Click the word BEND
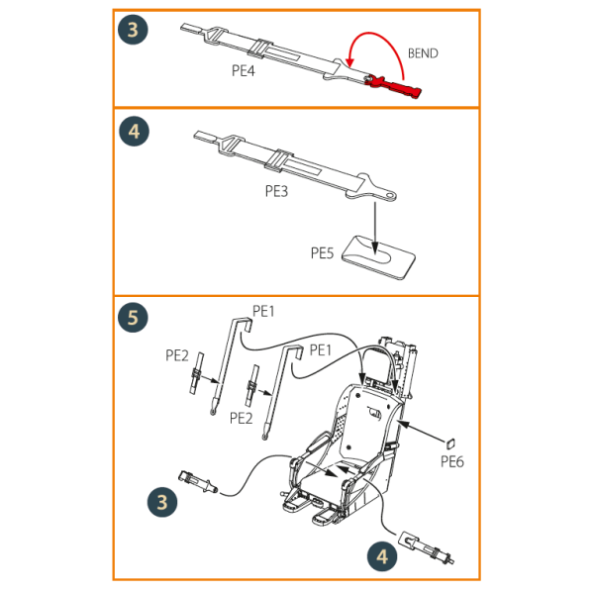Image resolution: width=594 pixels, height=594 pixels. pos(423,53)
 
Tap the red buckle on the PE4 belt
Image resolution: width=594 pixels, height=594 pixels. pos(394,86)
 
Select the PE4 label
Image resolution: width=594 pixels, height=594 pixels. pos(244,70)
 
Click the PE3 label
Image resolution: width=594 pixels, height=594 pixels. pos(276,191)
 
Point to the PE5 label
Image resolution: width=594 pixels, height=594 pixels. pos(322,252)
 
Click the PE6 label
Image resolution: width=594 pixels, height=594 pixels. pos(452,461)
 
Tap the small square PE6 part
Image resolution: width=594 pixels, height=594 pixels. pos(450,444)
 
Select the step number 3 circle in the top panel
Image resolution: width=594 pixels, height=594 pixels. pos(133,30)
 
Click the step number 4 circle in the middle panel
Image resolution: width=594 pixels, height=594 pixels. pos(134,132)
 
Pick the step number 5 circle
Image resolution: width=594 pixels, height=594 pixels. pos(133,318)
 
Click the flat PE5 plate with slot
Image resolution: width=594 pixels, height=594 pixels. pos(378,257)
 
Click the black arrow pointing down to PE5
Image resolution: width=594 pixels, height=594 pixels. pos(375,228)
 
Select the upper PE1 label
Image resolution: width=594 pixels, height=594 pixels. pos(263,311)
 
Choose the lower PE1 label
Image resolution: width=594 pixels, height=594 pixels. pos(321,350)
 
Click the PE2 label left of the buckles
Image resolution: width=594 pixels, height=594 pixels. pos(177,355)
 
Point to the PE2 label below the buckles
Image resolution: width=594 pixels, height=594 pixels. pos(241,418)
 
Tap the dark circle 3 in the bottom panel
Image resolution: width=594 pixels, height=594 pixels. pos(162,502)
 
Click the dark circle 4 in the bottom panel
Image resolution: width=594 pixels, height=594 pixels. pos(382,556)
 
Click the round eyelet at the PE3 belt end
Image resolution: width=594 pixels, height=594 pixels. pos(390,195)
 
